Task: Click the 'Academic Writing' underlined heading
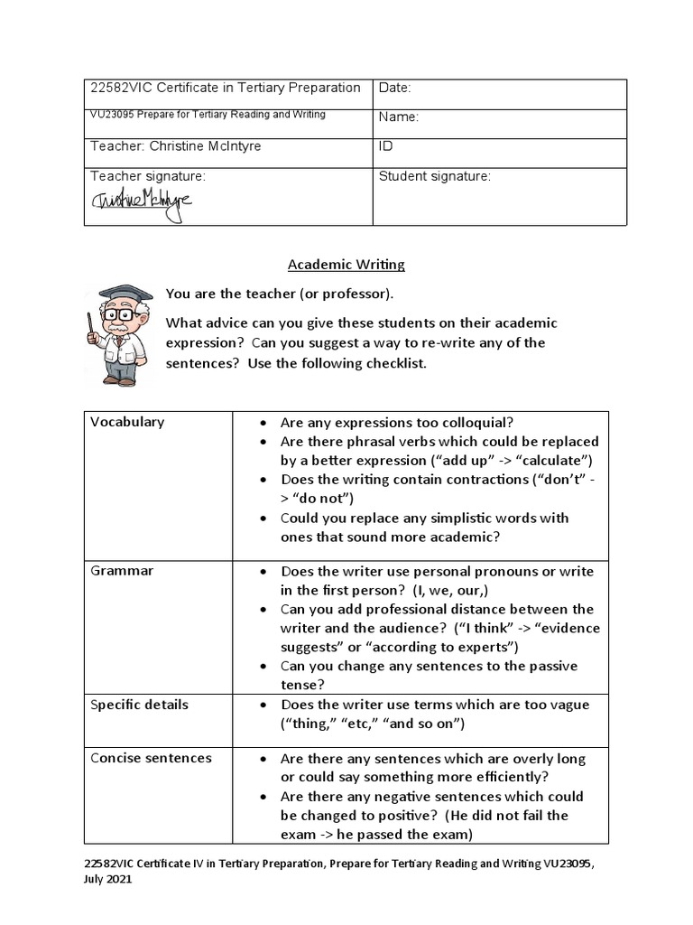[346, 265]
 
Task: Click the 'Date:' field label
[395, 89]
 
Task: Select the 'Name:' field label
[399, 117]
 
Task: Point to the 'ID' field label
[386, 145]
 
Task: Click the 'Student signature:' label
[435, 177]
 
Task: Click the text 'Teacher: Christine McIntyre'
[176, 145]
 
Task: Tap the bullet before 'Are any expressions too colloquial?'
[262, 423]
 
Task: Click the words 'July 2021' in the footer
[107, 880]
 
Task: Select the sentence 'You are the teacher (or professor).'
[280, 294]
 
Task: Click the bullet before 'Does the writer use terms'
[262, 705]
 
